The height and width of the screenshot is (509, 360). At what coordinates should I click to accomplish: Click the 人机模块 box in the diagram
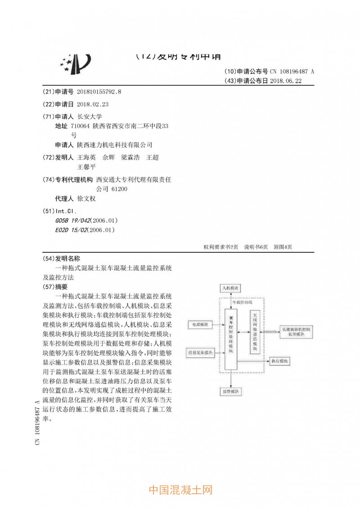tap(230, 287)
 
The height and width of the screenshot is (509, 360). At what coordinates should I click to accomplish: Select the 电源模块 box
tap(200, 324)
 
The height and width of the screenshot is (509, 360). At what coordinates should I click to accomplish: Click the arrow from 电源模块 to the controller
tap(219, 324)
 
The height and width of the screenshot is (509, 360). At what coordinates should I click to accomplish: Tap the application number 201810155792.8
tap(100, 92)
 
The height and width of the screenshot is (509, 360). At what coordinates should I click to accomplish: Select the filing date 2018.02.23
tap(93, 104)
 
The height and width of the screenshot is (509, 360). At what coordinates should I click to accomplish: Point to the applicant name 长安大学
tap(90, 116)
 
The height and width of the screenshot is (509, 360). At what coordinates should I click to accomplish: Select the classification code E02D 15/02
tap(72, 230)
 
